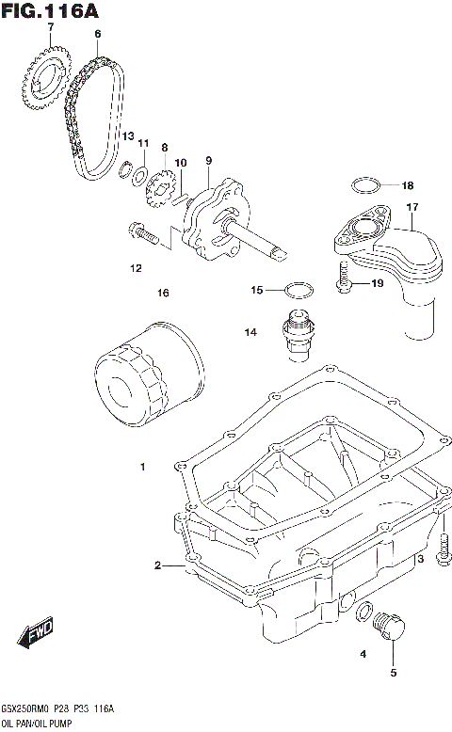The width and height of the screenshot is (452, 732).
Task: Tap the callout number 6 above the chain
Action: click(96, 34)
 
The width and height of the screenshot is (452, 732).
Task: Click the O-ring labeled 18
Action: click(367, 184)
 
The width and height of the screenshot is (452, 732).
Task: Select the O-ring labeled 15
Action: click(298, 289)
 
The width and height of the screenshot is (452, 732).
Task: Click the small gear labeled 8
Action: click(161, 184)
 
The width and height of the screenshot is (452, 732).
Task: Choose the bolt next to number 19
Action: click(344, 278)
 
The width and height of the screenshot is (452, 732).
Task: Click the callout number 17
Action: click(412, 207)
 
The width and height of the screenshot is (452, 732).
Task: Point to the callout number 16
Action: click(163, 294)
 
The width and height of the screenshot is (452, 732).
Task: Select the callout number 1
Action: click(142, 467)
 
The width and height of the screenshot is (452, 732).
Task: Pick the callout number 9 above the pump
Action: click(208, 160)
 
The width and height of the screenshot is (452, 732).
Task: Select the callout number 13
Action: click(127, 137)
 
